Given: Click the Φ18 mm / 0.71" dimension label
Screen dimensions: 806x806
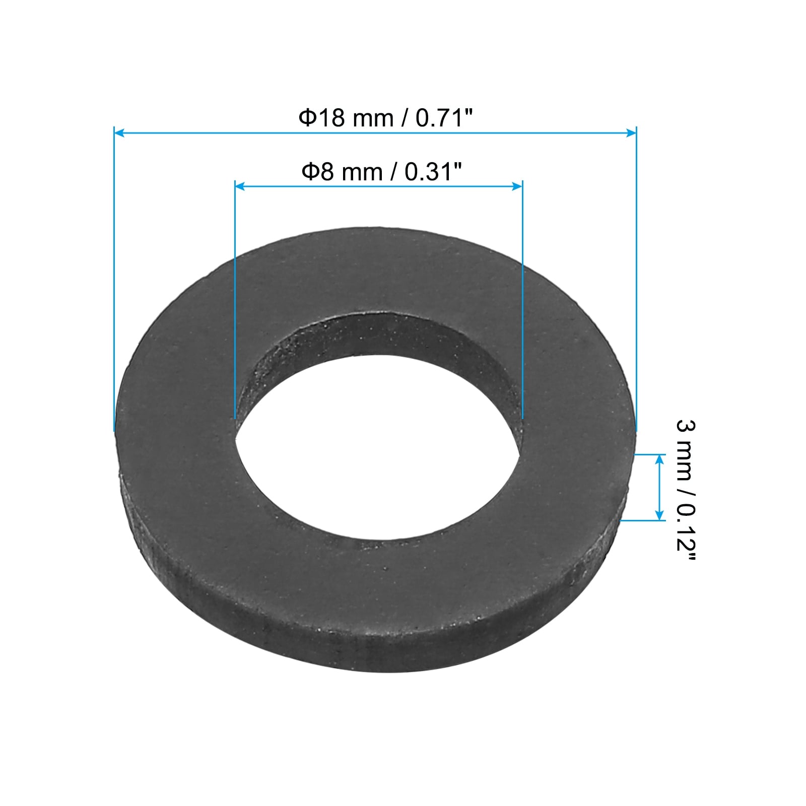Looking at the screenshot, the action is coord(386,118).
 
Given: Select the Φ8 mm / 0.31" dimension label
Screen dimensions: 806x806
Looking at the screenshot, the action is coord(381,172).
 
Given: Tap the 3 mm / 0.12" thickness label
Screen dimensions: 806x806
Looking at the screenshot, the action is coord(686,492).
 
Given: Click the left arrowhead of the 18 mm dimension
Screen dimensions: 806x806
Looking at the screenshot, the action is coord(119,133).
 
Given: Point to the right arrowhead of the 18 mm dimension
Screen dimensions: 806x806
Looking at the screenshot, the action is coord(631,133).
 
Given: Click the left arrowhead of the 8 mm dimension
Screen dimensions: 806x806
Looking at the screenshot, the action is coord(240,186).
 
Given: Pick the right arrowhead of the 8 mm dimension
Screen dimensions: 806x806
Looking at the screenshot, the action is coord(517,186).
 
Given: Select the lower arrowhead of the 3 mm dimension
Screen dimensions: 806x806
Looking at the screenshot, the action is coord(659,515).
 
